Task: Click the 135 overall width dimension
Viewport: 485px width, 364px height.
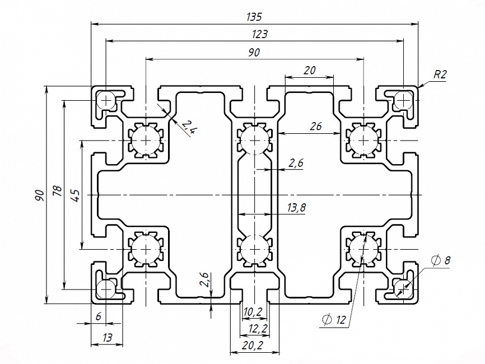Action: pos(254,17)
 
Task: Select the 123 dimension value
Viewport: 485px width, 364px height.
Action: pos(259,34)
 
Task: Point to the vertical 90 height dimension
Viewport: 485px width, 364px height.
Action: pos(39,195)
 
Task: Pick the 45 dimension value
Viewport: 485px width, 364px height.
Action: pos(76,195)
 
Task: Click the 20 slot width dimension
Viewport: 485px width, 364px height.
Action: pos(309,71)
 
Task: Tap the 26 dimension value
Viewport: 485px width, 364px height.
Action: pos(315,127)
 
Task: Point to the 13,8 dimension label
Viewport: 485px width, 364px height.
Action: pos(296,208)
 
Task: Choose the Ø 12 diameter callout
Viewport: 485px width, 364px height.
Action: pos(334,320)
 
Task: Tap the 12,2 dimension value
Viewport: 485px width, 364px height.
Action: pos(254,328)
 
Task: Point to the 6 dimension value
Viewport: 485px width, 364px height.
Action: pos(99,316)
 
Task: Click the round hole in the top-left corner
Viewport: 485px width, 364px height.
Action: pos(106,101)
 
